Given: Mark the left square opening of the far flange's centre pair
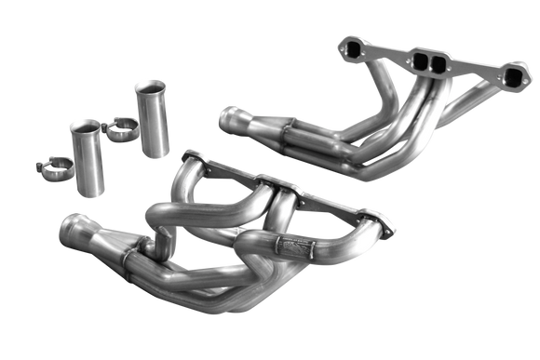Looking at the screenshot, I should [x=412, y=61].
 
